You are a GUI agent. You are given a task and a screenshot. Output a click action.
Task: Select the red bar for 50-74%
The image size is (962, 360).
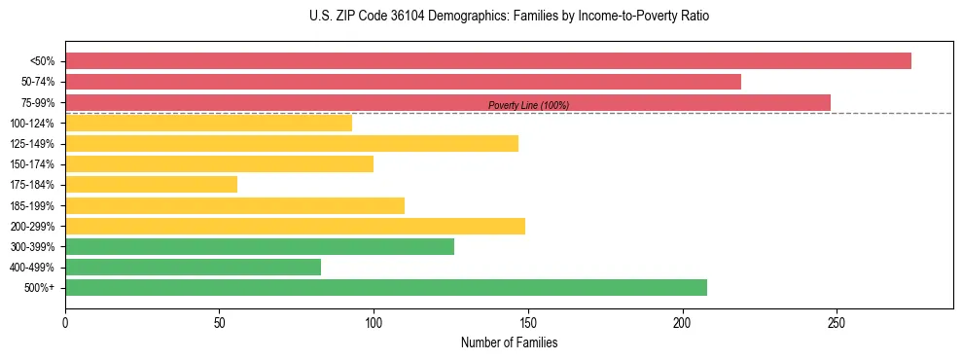[403, 82]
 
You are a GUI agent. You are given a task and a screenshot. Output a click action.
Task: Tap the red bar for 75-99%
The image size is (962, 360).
[447, 102]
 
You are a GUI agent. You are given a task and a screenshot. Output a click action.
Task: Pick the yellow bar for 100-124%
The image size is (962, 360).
[208, 123]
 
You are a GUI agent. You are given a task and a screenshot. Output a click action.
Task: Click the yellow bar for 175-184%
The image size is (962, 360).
[151, 185]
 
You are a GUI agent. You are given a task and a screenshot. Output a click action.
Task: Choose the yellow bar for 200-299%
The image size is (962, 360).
[295, 226]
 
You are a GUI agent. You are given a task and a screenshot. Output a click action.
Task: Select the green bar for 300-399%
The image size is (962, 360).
[260, 247]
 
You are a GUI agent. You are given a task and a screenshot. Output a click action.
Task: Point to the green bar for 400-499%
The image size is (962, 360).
[193, 268]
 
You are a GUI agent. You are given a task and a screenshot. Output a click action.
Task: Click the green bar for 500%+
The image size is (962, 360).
[386, 288]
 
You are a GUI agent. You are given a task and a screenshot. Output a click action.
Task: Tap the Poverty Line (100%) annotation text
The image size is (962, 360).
[528, 105]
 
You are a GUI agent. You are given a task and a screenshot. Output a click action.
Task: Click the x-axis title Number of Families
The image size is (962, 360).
[509, 343]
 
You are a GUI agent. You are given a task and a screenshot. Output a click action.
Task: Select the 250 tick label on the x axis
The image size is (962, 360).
[837, 321]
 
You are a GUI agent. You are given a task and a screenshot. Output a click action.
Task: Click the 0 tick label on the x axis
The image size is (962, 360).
[65, 321]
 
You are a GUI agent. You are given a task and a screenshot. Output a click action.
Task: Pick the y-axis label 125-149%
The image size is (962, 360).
[32, 144]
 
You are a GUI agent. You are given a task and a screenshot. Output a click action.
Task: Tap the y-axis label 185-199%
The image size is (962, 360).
[32, 206]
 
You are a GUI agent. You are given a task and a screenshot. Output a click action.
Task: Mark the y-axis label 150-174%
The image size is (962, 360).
[32, 164]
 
